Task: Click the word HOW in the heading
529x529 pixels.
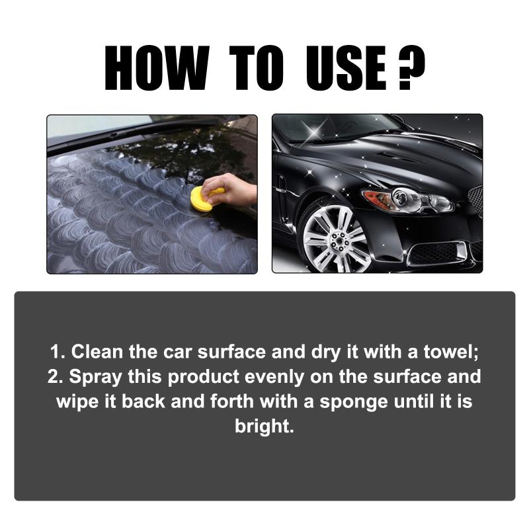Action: (157, 68)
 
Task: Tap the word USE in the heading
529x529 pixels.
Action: (346, 68)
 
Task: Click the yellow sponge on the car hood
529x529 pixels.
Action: (204, 198)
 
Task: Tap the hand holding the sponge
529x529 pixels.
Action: (229, 189)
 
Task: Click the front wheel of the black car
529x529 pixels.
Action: (333, 238)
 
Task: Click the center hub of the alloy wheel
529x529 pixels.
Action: (337, 241)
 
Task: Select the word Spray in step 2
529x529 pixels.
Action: (95, 377)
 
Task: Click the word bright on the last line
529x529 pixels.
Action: (264, 427)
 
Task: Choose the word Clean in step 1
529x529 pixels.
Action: (97, 352)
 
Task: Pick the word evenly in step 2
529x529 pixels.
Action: (274, 377)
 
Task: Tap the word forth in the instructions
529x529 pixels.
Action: (232, 401)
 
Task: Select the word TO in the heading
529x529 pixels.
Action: (257, 68)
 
